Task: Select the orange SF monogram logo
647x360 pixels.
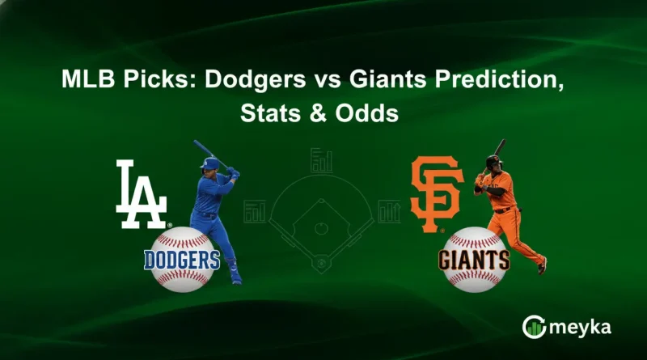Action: [x=437, y=195]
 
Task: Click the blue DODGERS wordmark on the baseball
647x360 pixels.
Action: [x=182, y=260]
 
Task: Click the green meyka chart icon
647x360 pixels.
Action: [x=534, y=327]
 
